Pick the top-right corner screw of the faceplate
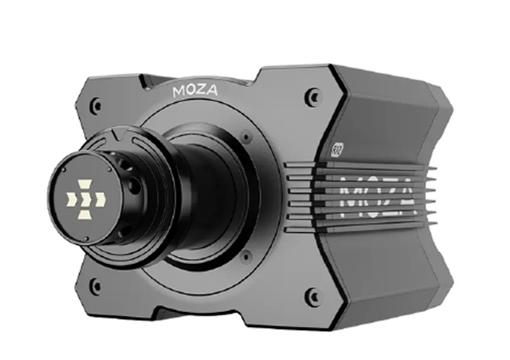pyautogui.click(x=314, y=97)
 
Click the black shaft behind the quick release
pyautogui.click(x=196, y=197)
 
